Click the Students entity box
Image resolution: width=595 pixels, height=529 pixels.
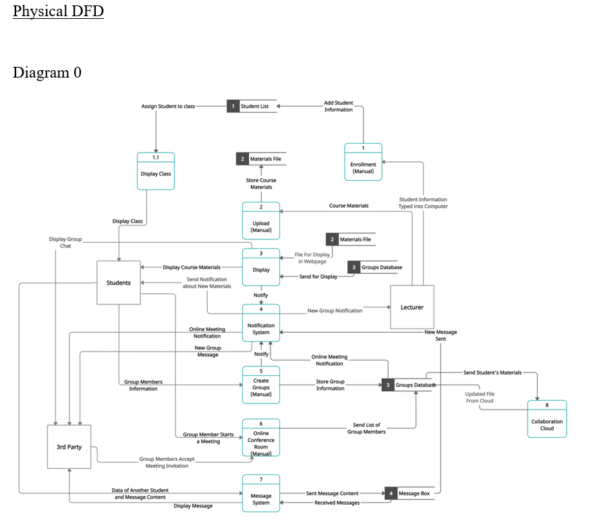[119, 283]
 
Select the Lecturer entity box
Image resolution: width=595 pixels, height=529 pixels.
[412, 307]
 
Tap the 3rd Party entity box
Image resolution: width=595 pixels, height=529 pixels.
[69, 447]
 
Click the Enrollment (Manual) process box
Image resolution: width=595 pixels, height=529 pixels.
[363, 163]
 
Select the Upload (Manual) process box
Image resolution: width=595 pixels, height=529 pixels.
[261, 221]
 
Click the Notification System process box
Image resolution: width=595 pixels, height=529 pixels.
[261, 323]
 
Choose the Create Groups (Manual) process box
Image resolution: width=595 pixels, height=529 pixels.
[261, 385]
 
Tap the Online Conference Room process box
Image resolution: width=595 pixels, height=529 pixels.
[261, 438]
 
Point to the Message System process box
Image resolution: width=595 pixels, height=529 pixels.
[261, 494]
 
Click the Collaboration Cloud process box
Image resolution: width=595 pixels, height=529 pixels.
[546, 419]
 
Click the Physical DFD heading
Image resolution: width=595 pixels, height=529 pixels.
[58, 11]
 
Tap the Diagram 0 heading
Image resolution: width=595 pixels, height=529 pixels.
[47, 72]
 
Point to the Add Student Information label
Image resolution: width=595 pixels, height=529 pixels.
[339, 106]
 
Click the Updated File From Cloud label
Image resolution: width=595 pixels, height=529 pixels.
[480, 397]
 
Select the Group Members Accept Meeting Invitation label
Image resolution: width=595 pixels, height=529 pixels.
[167, 462]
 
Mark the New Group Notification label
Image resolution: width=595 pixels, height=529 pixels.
[335, 310]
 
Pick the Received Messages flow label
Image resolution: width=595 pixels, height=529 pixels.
[337, 503]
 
